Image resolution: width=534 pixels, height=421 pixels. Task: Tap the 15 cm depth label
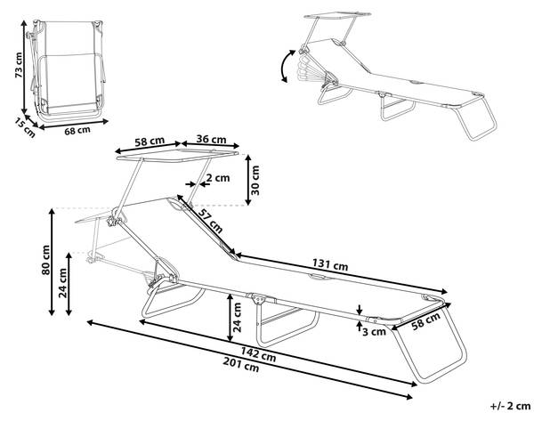(24, 127)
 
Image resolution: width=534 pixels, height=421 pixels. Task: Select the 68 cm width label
(78, 131)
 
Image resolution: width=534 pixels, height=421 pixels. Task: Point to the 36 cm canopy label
(210, 140)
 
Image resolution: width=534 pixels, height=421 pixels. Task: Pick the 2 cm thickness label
(216, 178)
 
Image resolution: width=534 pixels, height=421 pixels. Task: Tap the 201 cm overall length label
(249, 366)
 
